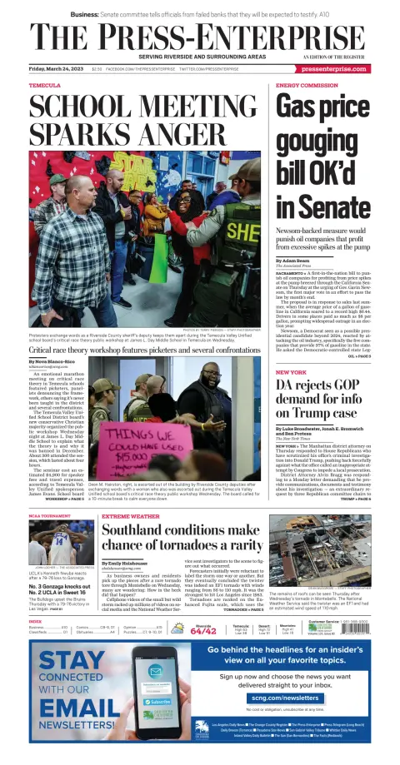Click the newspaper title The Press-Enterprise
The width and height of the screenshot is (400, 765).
click(x=200, y=37)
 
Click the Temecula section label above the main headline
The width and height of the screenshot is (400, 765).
click(x=44, y=86)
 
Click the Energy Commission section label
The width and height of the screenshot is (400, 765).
click(x=306, y=86)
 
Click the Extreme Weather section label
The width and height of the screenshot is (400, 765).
click(x=131, y=517)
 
